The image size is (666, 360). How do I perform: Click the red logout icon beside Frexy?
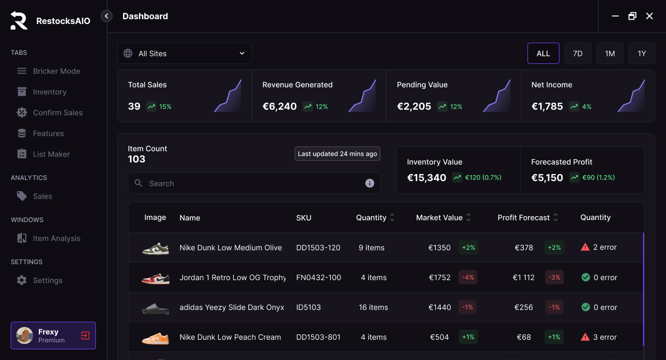[x=85, y=336]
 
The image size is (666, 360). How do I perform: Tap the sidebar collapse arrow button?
[x=107, y=16]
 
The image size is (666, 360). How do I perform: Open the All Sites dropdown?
[x=184, y=53]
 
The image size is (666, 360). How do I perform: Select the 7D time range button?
[x=578, y=53]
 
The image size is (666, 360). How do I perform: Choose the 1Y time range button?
[x=641, y=53]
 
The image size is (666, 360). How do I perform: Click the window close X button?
[x=649, y=16]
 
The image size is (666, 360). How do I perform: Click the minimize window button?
[x=615, y=16]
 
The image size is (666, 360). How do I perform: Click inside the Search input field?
[x=250, y=183]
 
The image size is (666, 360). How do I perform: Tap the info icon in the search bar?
[x=369, y=183]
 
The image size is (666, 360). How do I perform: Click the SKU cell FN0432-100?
[x=319, y=277]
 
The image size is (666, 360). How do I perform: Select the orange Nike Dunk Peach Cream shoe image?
[x=155, y=338]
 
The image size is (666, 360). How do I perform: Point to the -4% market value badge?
[x=468, y=277]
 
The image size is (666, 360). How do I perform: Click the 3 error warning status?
[x=599, y=337]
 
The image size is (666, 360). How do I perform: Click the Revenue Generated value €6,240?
[x=279, y=107]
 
